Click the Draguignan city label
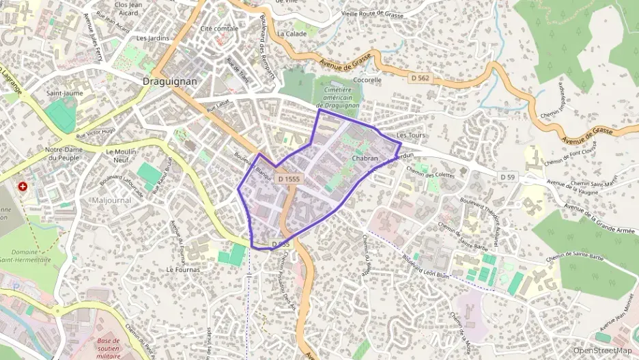tap(170, 81)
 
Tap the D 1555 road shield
tap(289, 179)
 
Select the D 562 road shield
tap(421, 79)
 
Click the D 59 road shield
tap(507, 177)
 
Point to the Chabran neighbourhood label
tap(365, 158)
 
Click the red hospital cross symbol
tap(23, 186)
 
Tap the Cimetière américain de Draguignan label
tap(338, 97)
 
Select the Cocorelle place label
tap(367, 79)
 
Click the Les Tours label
tap(410, 135)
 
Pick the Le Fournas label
tap(183, 269)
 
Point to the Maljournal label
tap(112, 200)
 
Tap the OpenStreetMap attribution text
tap(602, 350)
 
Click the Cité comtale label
tap(219, 29)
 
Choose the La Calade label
tap(292, 33)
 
